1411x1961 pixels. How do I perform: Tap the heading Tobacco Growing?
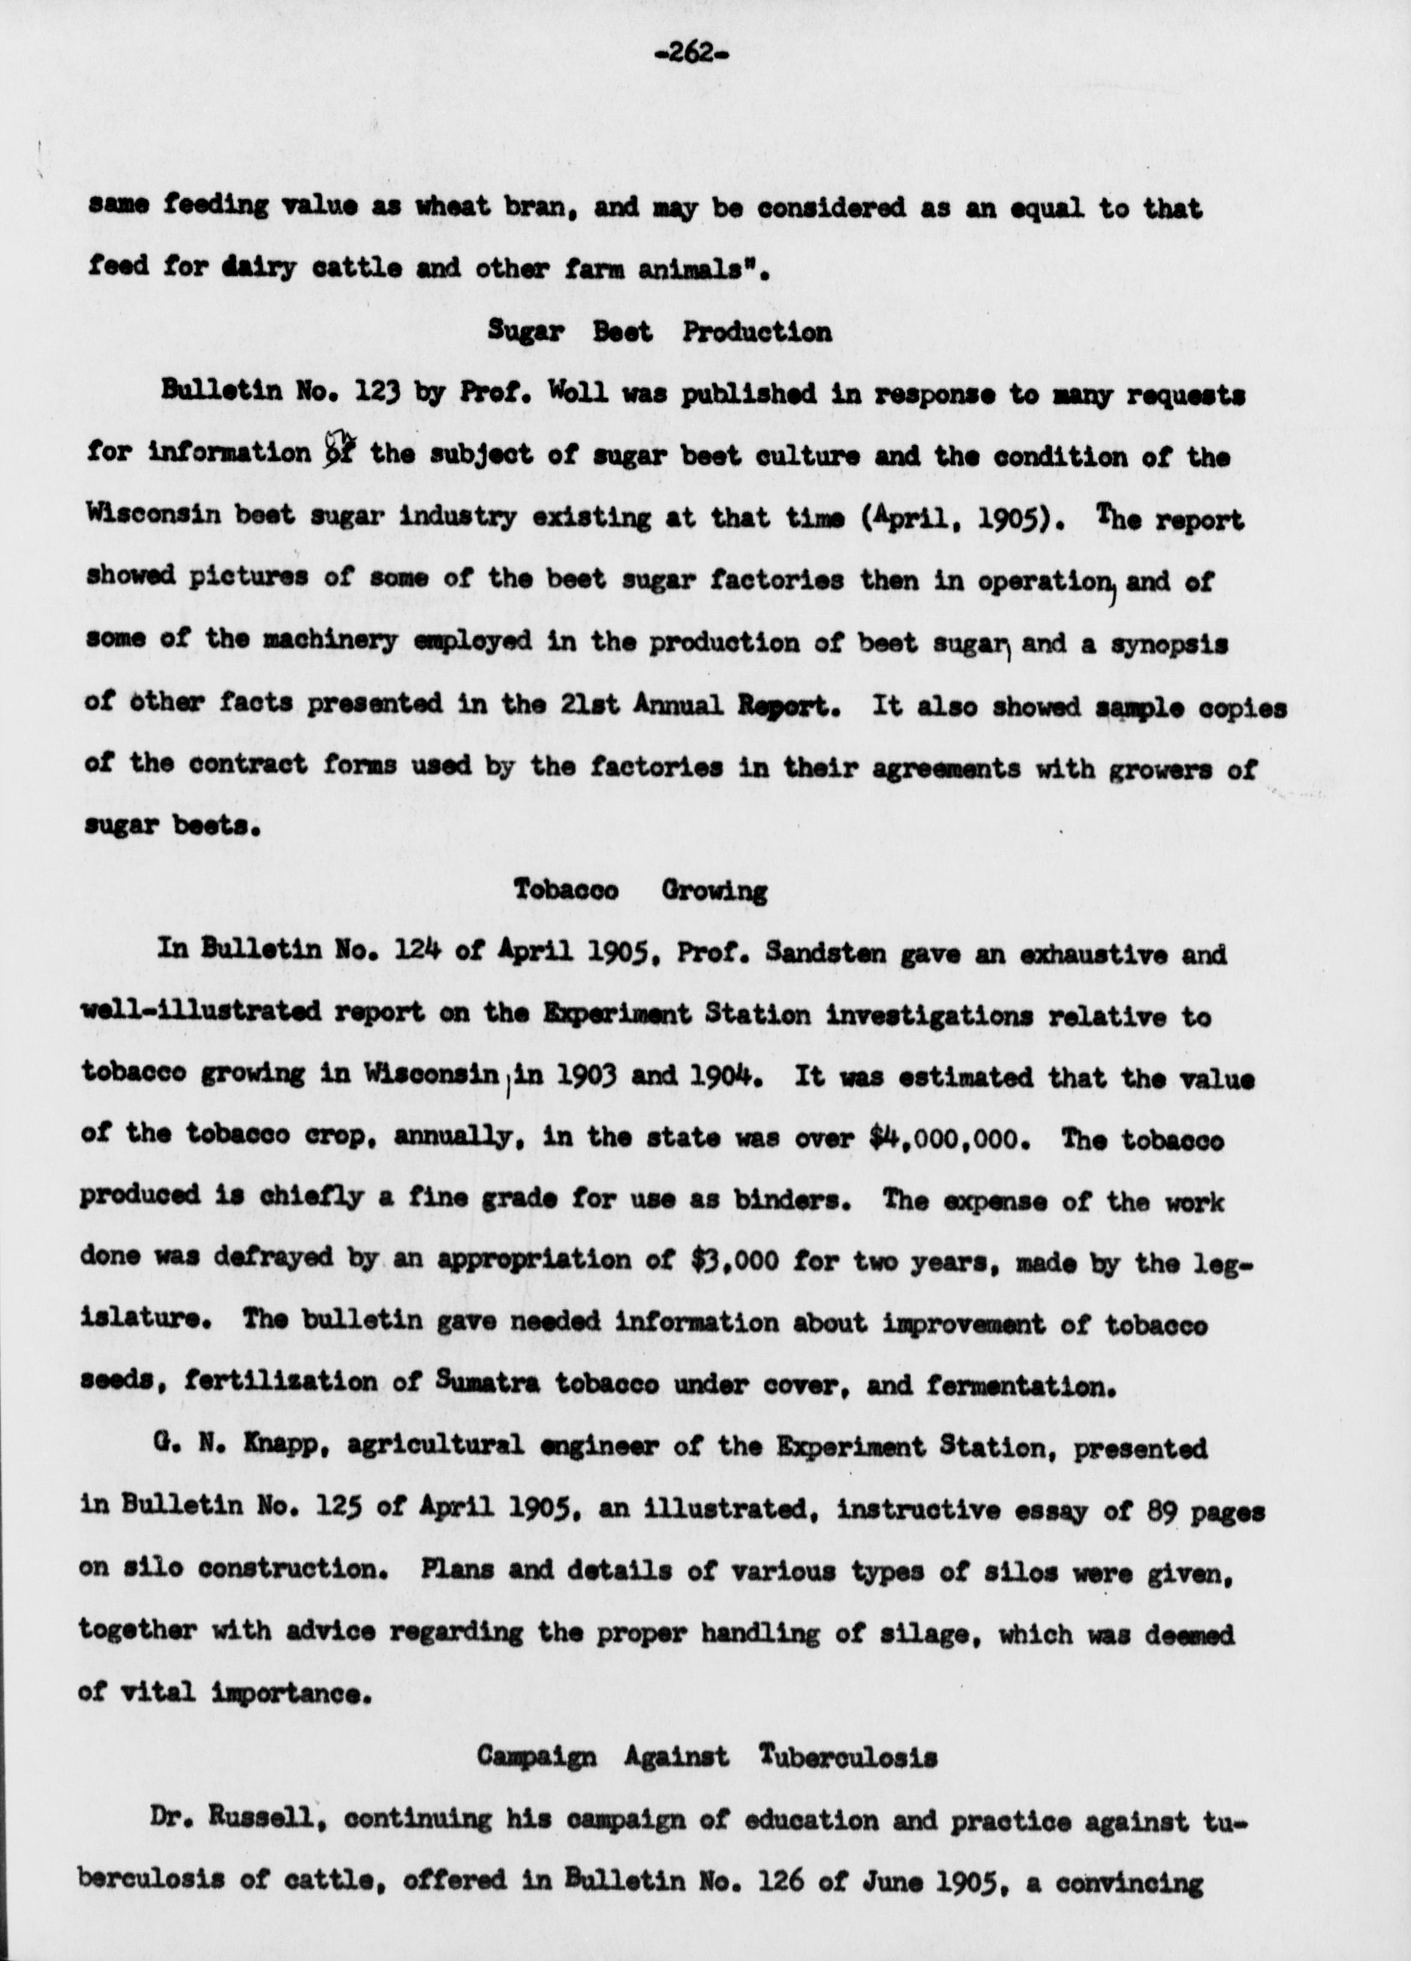(x=640, y=890)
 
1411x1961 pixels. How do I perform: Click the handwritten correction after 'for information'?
(x=337, y=452)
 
